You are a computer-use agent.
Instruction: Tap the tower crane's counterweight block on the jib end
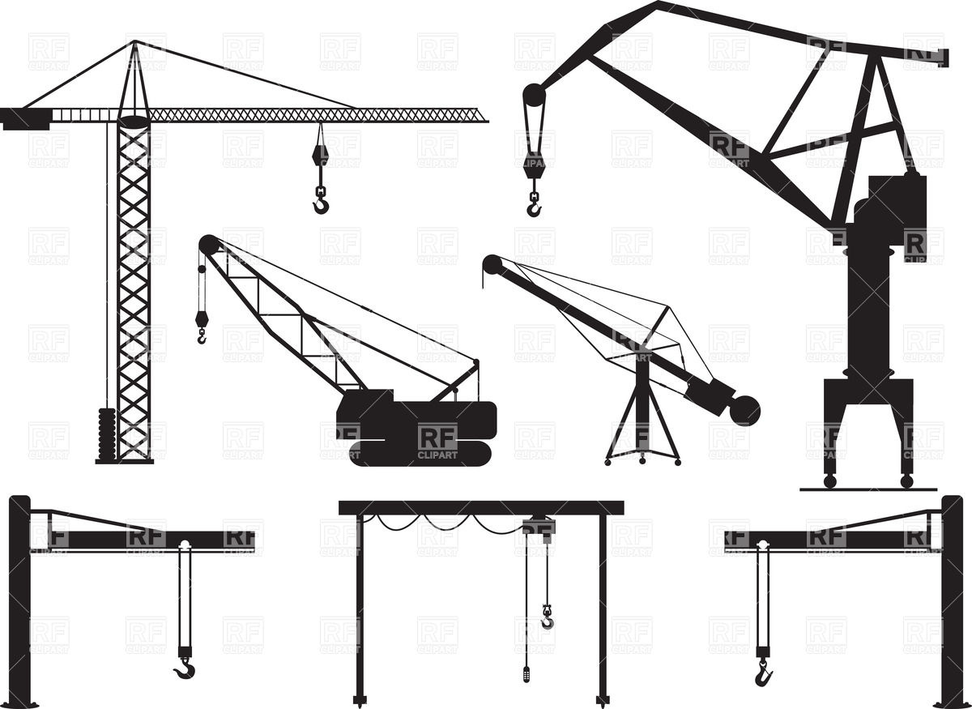[24, 119]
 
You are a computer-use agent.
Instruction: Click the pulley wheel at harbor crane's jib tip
[534, 95]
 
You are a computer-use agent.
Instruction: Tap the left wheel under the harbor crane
[829, 480]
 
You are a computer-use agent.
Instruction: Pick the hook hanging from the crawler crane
[201, 332]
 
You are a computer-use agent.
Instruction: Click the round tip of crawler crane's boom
[209, 244]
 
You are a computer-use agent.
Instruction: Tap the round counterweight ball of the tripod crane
[744, 409]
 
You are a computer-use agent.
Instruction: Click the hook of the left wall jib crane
[185, 668]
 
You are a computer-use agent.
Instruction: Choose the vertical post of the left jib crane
[19, 600]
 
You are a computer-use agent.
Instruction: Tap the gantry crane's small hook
[548, 620]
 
